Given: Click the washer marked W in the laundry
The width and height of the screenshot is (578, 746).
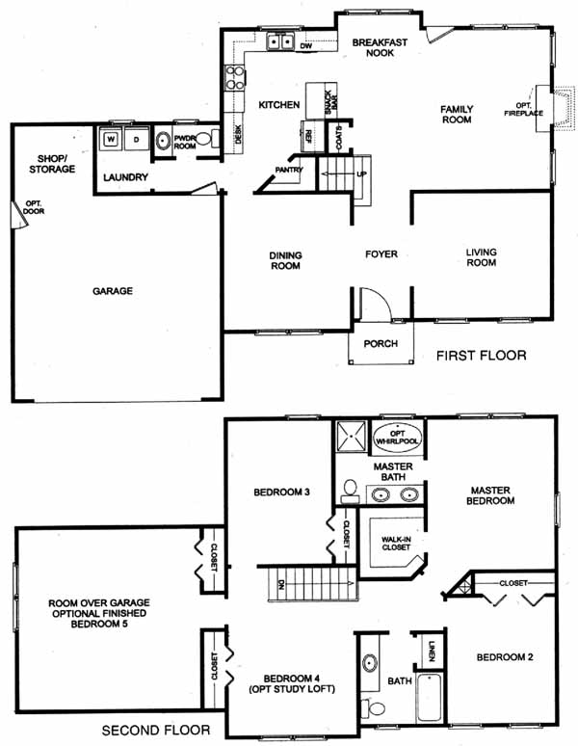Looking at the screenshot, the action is [111, 139].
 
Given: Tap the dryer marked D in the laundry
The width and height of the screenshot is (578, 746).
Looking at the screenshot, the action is [137, 139].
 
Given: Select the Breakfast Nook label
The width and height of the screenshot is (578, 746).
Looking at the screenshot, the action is [380, 47].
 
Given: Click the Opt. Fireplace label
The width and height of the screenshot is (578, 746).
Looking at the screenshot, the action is [523, 110].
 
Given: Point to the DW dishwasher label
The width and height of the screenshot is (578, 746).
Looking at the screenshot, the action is [305, 46].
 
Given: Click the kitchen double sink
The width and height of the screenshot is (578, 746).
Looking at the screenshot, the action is [280, 41].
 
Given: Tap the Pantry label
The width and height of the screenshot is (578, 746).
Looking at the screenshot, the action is [289, 170].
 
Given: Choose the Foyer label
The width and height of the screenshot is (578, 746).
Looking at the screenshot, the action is [381, 254].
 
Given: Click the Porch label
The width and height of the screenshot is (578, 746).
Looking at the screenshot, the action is [381, 343].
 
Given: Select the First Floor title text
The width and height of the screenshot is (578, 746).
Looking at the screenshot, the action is [481, 356].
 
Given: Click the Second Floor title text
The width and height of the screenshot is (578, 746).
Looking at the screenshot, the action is [156, 730].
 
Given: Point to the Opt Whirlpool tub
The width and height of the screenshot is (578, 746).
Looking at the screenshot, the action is [397, 438].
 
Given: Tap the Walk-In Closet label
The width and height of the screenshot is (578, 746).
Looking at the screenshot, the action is [396, 544].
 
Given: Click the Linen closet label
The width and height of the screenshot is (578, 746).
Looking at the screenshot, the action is [432, 651].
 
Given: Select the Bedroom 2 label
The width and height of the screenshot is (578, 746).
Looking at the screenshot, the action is [505, 657].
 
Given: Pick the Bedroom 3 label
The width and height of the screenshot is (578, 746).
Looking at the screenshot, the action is [282, 492].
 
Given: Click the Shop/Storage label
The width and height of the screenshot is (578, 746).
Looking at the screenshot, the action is [52, 164].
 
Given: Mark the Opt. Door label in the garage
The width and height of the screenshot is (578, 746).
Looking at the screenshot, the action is [34, 207].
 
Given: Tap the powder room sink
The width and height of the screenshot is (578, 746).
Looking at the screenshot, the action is [163, 141].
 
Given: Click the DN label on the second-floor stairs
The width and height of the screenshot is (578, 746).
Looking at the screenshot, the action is [281, 585].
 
